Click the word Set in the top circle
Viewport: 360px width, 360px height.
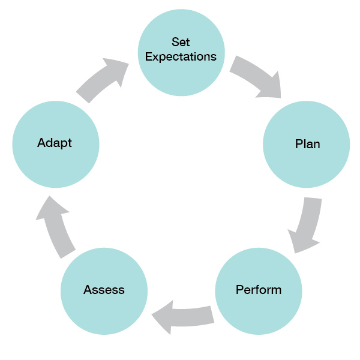pyautogui.click(x=181, y=43)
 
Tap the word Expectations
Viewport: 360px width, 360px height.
pyautogui.click(x=181, y=57)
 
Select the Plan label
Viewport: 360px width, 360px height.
pyautogui.click(x=307, y=144)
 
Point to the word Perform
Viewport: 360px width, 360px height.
pyautogui.click(x=259, y=290)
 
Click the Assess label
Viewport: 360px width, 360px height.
pyautogui.click(x=104, y=290)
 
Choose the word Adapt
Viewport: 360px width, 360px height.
pyautogui.click(x=55, y=143)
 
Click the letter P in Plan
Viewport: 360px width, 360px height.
pyautogui.click(x=299, y=144)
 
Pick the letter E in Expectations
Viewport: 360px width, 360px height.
pyautogui.click(x=149, y=57)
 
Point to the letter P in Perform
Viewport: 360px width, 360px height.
pyautogui.click(x=239, y=290)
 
